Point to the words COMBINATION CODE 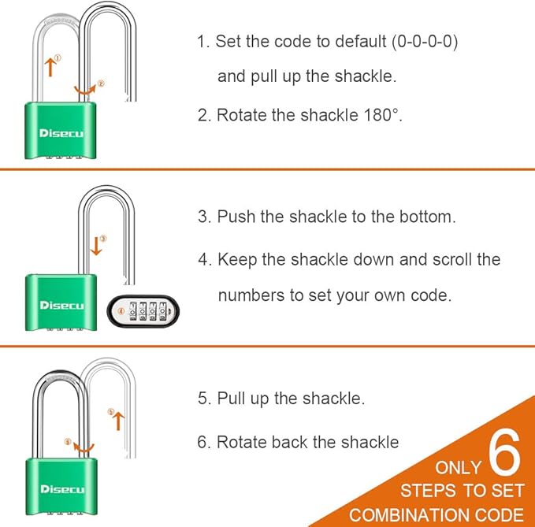point(437,514)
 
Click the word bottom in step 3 point(427,217)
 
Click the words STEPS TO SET point(462,491)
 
